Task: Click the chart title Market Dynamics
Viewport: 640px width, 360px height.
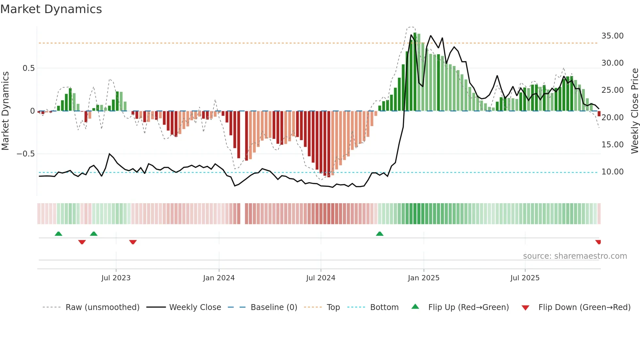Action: click(x=51, y=9)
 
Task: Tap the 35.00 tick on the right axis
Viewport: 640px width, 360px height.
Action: click(x=612, y=36)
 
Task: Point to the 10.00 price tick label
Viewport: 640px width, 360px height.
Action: click(x=612, y=172)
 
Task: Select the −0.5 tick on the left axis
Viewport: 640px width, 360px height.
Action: click(x=25, y=154)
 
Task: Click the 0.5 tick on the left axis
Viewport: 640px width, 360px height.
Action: click(x=28, y=68)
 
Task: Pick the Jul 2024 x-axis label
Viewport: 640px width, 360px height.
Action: click(x=321, y=278)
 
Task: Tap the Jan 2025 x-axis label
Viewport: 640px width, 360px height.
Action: click(x=424, y=278)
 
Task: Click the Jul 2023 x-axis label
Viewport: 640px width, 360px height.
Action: click(x=116, y=278)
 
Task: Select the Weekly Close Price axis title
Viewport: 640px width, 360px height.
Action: click(x=634, y=111)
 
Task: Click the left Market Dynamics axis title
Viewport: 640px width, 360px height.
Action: click(x=5, y=111)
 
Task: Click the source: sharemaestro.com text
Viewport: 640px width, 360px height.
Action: click(x=575, y=256)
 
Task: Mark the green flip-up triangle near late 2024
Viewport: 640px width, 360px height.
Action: click(x=379, y=234)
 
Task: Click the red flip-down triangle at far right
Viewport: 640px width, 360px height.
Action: click(x=598, y=242)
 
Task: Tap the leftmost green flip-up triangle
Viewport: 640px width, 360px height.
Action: click(x=58, y=234)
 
